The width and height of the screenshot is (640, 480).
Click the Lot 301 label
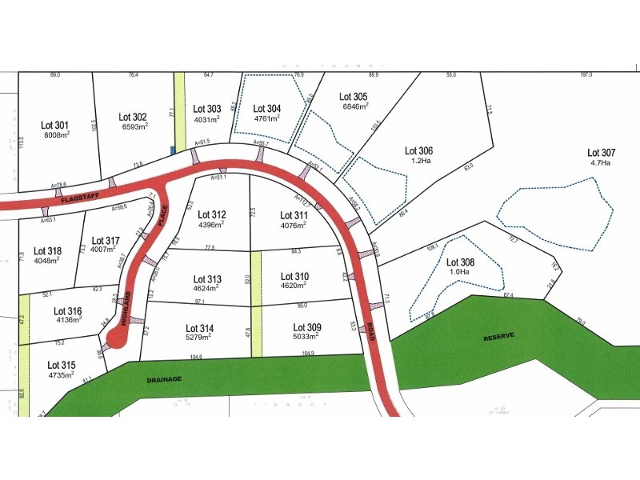click(55, 125)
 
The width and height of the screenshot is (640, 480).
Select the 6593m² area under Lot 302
click(134, 126)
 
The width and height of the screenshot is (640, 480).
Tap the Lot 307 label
click(602, 152)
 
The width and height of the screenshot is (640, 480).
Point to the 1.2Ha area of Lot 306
click(418, 160)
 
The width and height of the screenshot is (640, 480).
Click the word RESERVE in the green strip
click(501, 338)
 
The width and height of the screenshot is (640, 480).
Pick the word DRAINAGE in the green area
click(164, 378)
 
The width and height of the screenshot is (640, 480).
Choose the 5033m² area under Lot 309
click(307, 337)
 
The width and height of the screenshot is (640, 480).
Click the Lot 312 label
click(212, 214)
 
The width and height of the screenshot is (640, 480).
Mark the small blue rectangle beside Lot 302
click(172, 149)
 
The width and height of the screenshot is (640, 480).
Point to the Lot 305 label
click(354, 97)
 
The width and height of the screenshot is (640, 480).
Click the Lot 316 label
click(68, 311)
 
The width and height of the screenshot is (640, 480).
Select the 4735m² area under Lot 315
click(61, 374)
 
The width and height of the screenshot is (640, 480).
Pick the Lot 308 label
click(461, 262)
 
